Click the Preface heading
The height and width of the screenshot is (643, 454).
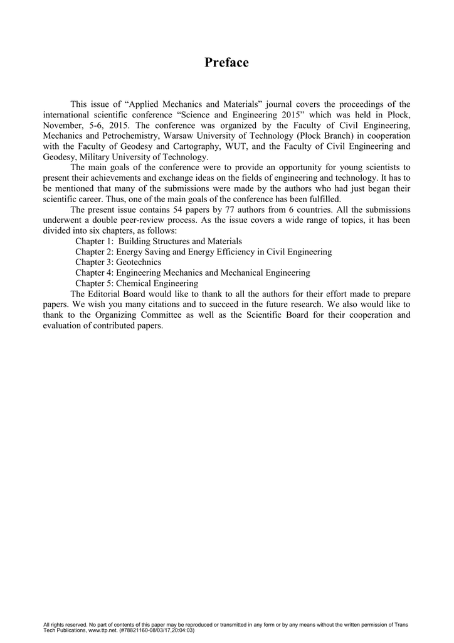[x=226, y=63]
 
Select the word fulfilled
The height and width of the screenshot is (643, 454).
[x=321, y=198]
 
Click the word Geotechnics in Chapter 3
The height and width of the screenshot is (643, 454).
[x=139, y=262]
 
